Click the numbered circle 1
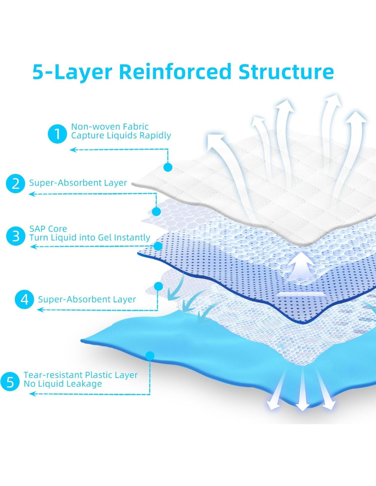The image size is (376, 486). pyautogui.click(x=57, y=134)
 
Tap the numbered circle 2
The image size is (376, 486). pyautogui.click(x=16, y=184)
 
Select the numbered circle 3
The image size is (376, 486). pyautogui.click(x=16, y=236)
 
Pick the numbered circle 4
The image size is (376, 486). pyautogui.click(x=25, y=300)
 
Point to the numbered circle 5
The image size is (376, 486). pyautogui.click(x=10, y=382)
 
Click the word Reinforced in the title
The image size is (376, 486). pyautogui.click(x=175, y=72)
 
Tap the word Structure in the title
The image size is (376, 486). pyautogui.click(x=286, y=72)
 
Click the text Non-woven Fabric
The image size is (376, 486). pyautogui.click(x=110, y=126)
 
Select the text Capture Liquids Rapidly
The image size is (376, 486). pyautogui.click(x=121, y=135)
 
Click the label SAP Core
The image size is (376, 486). pyautogui.click(x=48, y=229)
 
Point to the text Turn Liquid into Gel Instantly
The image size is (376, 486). pyautogui.click(x=90, y=238)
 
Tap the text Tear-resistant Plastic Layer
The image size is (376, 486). pyautogui.click(x=81, y=375)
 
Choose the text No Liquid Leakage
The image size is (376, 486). pyautogui.click(x=63, y=384)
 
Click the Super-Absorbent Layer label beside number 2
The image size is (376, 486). pyautogui.click(x=78, y=183)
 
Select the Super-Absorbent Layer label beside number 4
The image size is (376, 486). pyautogui.click(x=87, y=299)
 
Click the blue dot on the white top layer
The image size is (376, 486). pyautogui.click(x=168, y=167)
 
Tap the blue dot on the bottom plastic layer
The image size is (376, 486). pyautogui.click(x=150, y=356)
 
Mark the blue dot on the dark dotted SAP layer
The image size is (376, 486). pyautogui.click(x=158, y=246)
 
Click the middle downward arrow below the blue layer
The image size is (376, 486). pyautogui.click(x=302, y=390)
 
